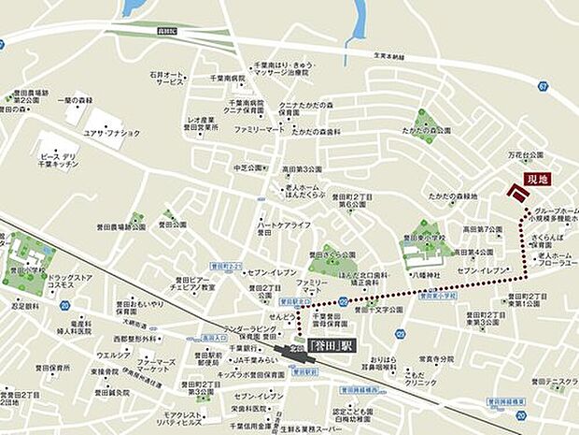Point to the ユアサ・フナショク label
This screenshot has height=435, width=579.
(x=112, y=133)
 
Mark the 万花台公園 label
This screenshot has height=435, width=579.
(x=525, y=154)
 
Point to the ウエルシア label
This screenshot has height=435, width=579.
(x=114, y=355)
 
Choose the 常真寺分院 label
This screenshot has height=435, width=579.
(x=435, y=358)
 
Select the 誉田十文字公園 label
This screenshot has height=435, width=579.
(x=377, y=310)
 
